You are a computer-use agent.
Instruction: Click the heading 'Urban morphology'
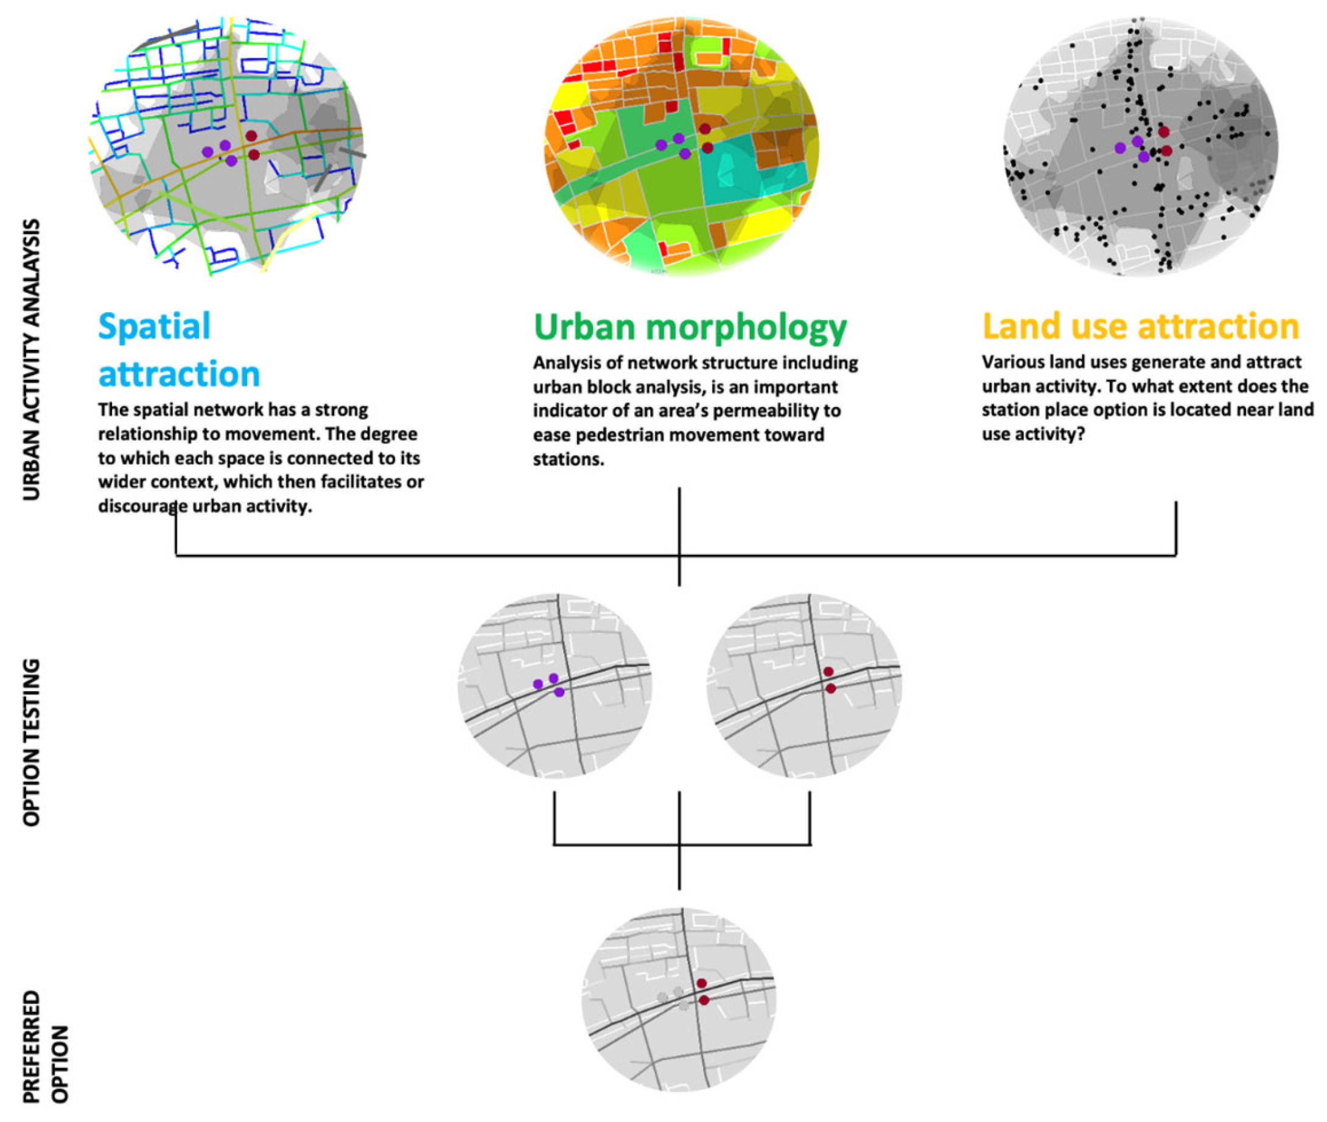point(690,327)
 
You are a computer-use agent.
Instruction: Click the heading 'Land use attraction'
point(1140,326)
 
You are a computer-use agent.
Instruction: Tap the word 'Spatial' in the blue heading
point(154,327)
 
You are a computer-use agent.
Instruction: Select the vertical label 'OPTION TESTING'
point(31,742)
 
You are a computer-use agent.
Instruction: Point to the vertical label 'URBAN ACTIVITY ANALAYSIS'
point(31,360)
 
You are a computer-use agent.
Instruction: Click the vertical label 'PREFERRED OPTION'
point(45,1046)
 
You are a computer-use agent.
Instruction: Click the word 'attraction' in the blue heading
point(180,374)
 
